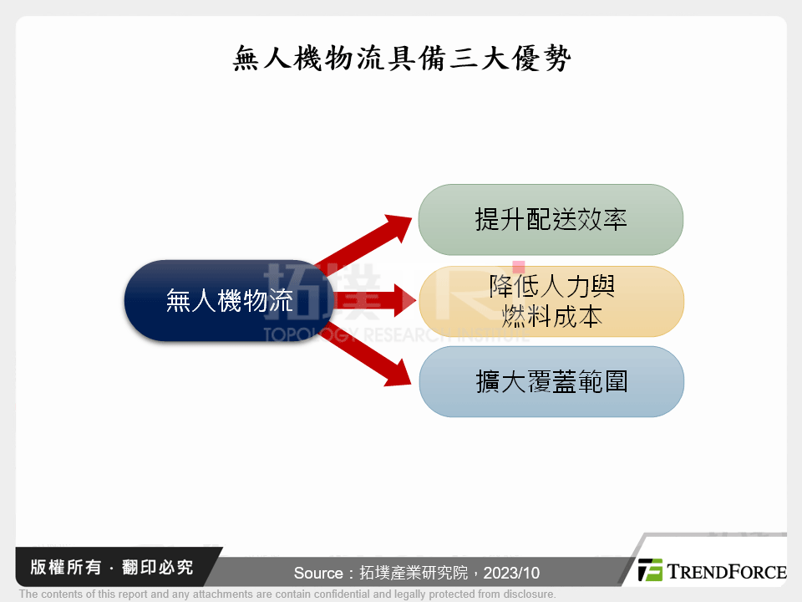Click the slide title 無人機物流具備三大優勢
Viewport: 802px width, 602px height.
pos(401,59)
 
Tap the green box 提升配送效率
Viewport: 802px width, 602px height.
pos(551,220)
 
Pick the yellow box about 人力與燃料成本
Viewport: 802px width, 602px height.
pos(551,301)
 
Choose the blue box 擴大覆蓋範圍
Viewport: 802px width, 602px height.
pos(551,381)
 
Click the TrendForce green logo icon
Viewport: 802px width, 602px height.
pos(650,570)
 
